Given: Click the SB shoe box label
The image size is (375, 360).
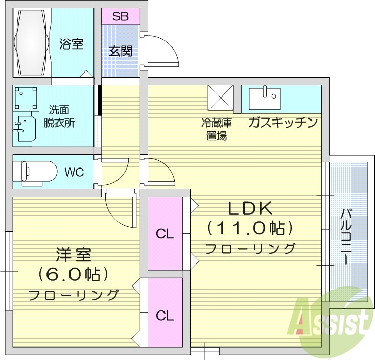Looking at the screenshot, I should click(x=121, y=16).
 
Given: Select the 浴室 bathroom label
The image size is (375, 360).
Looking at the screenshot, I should click(x=72, y=44).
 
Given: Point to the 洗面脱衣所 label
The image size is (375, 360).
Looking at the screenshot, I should click(x=62, y=116).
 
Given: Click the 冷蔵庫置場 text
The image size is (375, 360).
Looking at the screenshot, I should click(x=217, y=129).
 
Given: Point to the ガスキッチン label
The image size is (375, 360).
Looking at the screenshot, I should click(x=283, y=123).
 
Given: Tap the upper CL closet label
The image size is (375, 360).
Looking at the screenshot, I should click(x=165, y=234).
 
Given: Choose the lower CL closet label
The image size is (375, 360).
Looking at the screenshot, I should click(x=165, y=316).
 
